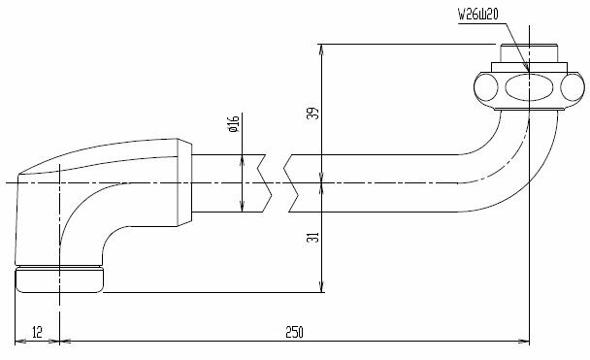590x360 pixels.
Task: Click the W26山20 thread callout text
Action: (477, 15)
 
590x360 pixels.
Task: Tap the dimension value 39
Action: (313, 114)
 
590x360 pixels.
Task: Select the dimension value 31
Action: (313, 237)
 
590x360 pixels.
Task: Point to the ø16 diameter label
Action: (234, 124)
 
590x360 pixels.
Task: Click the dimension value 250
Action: (294, 333)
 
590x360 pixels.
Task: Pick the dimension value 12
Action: (37, 333)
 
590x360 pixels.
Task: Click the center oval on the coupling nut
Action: (529, 87)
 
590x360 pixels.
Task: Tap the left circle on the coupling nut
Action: (486, 87)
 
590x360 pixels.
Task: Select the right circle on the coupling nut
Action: (573, 87)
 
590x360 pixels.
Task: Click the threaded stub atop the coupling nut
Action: (529, 53)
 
